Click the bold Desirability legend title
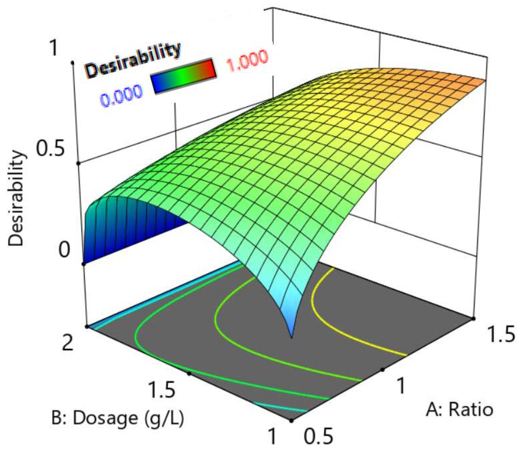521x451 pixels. [133, 60]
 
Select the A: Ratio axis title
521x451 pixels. [459, 409]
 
